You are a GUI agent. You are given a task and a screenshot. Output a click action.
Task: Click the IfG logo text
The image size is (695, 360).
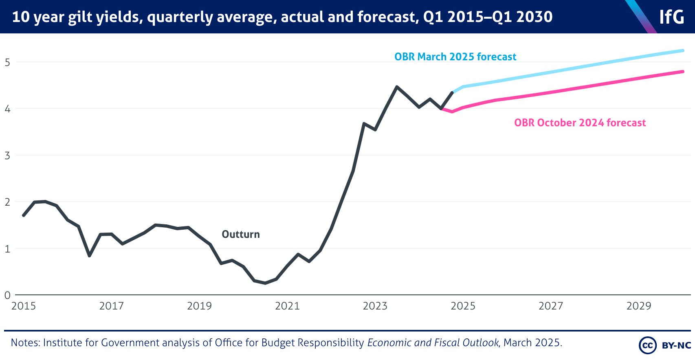[672, 17]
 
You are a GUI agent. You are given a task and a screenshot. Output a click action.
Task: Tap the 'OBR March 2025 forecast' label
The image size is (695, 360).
[455, 57]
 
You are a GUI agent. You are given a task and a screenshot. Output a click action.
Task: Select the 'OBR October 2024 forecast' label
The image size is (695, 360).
[580, 123]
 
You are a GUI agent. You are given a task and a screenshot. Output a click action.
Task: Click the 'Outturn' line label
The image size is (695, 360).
[240, 234]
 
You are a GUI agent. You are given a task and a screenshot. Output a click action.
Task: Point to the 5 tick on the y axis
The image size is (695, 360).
[7, 62]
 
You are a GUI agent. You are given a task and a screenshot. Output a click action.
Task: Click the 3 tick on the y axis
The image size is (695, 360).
[7, 155]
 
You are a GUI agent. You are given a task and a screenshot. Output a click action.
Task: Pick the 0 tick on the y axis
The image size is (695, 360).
[7, 295]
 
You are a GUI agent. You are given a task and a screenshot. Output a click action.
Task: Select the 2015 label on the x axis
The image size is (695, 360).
[24, 306]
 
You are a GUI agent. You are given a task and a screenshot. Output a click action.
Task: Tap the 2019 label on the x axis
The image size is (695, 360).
[199, 306]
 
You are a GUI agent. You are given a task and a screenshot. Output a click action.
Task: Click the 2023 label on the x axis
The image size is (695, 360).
[375, 306]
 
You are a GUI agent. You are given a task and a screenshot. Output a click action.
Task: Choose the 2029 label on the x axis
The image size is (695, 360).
[638, 306]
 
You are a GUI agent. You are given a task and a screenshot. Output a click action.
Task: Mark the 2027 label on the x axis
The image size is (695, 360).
[551, 306]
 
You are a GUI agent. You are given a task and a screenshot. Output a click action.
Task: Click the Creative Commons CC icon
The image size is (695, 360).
[647, 345]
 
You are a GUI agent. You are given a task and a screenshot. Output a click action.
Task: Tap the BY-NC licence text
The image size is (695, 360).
[676, 345]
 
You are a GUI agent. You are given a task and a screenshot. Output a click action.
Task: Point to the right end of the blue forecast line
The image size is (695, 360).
[683, 50]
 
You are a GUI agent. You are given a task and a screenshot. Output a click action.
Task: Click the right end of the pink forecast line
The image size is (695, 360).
[683, 72]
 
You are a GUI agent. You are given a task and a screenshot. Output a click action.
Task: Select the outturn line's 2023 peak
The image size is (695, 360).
[397, 87]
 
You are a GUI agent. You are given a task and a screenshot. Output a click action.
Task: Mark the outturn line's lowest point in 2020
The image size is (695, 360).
[265, 283]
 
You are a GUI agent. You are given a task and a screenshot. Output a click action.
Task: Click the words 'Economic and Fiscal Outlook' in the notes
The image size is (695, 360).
[433, 342]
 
